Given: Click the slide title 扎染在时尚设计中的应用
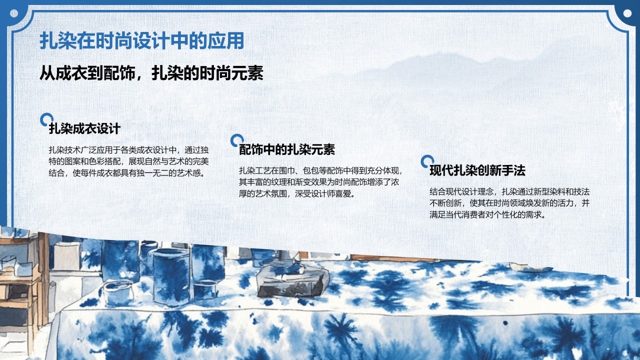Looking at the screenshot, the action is tap(141, 40).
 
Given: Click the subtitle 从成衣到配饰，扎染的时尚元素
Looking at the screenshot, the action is tap(151, 73).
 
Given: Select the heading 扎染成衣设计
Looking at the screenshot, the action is tap(84, 128).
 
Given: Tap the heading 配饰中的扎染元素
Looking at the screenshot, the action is tap(287, 149).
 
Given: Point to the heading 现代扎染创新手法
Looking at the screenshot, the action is tap(477, 170).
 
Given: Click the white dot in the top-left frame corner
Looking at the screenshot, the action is tap(13, 13).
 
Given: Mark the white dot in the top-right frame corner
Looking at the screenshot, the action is tap(627, 13).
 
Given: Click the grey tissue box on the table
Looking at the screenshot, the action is tap(293, 281).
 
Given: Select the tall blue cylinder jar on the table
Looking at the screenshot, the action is tap(171, 276).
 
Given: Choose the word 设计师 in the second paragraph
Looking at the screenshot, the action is tap(323, 193).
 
